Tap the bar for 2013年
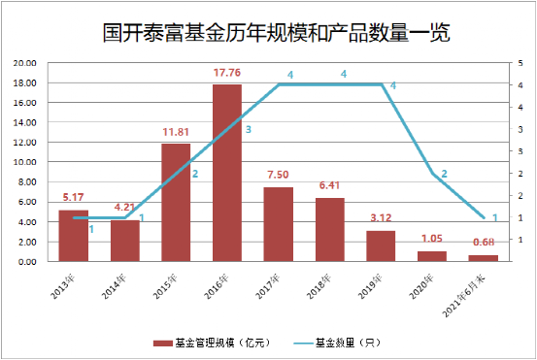click(74, 235)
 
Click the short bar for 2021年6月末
click(483, 258)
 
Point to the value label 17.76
click(227, 73)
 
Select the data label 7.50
click(278, 175)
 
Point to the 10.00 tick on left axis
click(23, 162)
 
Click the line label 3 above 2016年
click(249, 128)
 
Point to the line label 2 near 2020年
click(445, 174)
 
